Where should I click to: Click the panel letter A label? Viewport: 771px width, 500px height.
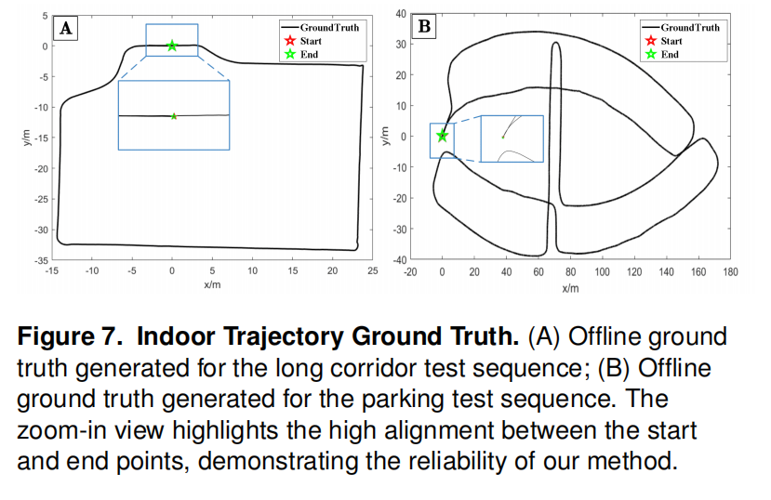[x=66, y=28]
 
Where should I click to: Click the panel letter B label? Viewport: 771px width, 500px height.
[x=425, y=26]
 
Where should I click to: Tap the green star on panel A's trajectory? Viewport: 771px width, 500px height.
[x=172, y=46]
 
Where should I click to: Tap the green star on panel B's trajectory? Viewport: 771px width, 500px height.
[x=443, y=136]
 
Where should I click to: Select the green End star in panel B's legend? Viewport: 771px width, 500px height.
[x=650, y=54]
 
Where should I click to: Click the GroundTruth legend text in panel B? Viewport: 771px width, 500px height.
[x=689, y=28]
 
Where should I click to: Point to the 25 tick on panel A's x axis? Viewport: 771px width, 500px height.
[x=372, y=270]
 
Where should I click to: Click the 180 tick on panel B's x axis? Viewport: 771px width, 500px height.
[x=730, y=272]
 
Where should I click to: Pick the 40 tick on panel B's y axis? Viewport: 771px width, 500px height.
[x=401, y=13]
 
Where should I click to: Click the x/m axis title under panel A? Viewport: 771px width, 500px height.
[x=212, y=283]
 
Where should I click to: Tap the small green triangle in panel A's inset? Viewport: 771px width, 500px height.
[x=174, y=116]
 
